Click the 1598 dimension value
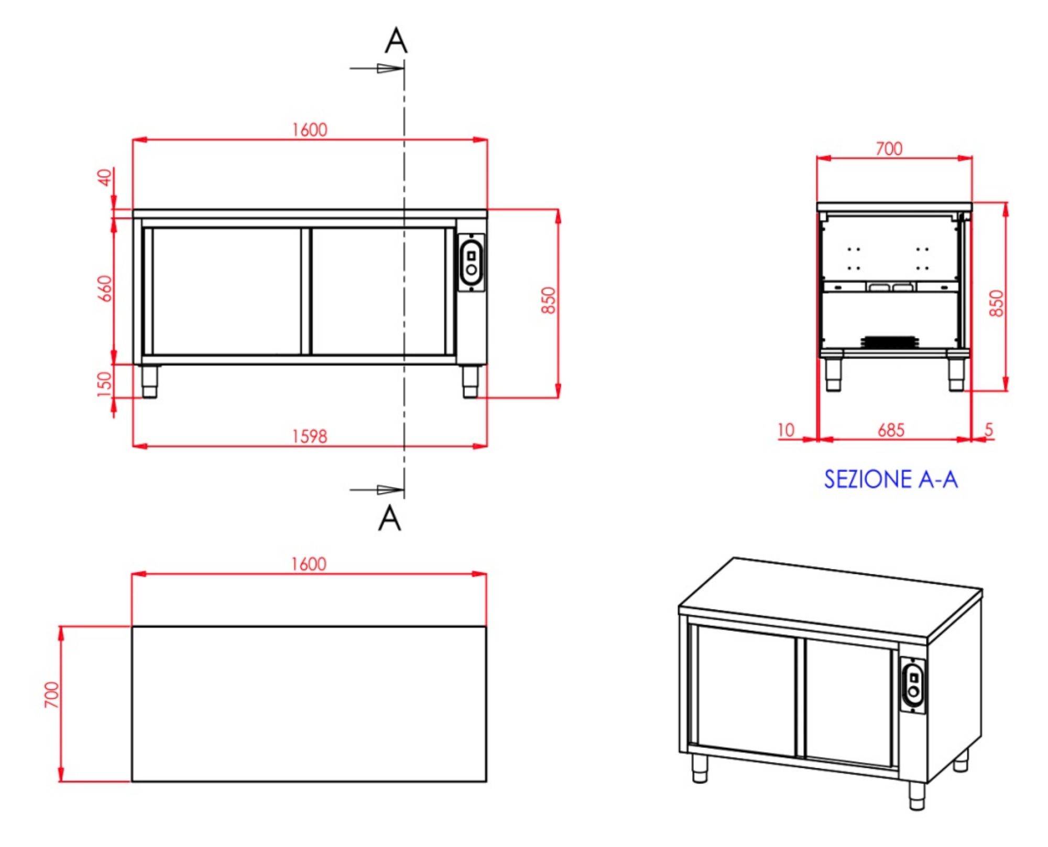pos(309,436)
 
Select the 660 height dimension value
pos(105,288)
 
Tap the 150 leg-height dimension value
pos(105,384)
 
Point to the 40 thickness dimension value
pos(105,177)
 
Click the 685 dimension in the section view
pos(891,430)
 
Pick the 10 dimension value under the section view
pos(786,430)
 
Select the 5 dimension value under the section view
pos(989,430)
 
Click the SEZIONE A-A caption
pos(891,479)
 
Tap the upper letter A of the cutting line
pos(396,40)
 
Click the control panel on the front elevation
pos(471,262)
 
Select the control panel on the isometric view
pos(913,685)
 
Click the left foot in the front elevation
pos(150,381)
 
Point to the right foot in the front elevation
pos(470,381)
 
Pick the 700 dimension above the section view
pos(889,149)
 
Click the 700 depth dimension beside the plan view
pos(52,694)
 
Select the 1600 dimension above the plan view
pos(309,564)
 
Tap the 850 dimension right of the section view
pos(996,303)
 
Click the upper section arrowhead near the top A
pos(390,68)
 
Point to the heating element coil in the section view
pos(889,342)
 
